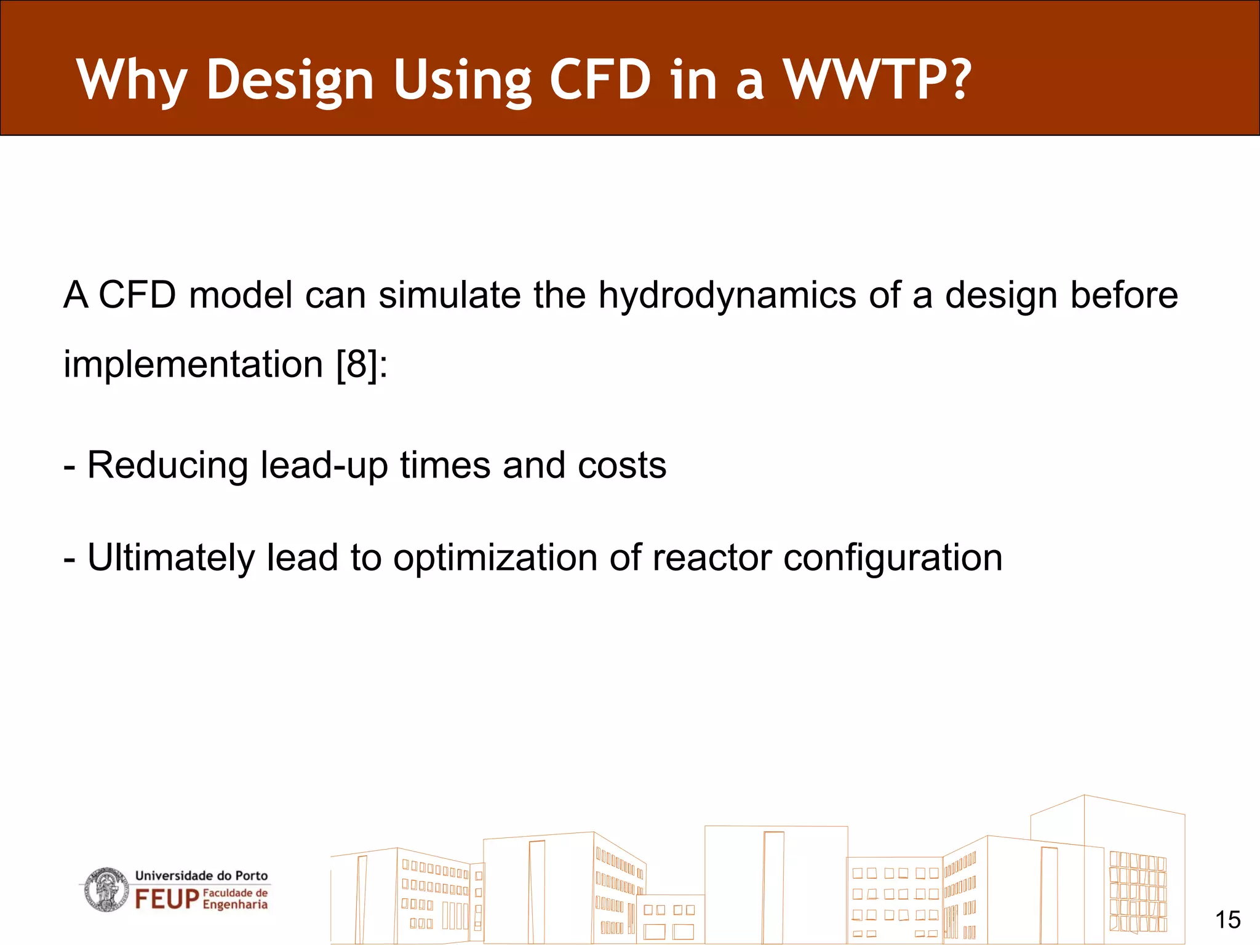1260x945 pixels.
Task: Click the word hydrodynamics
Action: [727, 296]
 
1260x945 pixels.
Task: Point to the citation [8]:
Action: [362, 364]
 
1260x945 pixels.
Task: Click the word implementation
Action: [193, 365]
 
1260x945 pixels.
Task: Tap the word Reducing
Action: [167, 466]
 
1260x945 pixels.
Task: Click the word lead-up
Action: [324, 466]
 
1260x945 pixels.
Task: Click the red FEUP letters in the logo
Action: [167, 899]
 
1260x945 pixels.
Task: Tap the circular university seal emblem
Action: [106, 890]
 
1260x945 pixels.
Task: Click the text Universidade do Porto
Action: [201, 875]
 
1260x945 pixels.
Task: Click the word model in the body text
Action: [241, 295]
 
